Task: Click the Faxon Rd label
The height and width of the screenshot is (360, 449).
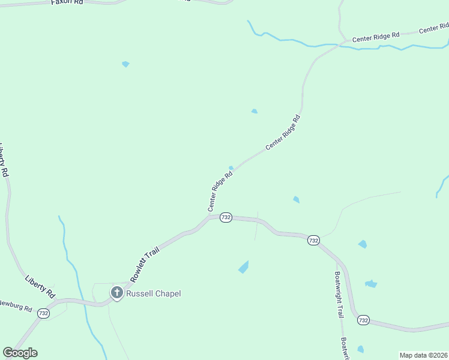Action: pyautogui.click(x=67, y=2)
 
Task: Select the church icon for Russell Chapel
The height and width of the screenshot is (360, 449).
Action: pyautogui.click(x=116, y=293)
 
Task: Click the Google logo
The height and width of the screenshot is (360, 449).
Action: pyautogui.click(x=20, y=353)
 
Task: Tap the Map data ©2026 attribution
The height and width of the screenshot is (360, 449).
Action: pyautogui.click(x=423, y=355)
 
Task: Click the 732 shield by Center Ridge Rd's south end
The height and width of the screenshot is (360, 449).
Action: pyautogui.click(x=226, y=217)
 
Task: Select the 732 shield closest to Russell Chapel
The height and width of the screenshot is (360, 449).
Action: pyautogui.click(x=43, y=313)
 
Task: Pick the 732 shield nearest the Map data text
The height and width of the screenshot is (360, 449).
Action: pyautogui.click(x=363, y=320)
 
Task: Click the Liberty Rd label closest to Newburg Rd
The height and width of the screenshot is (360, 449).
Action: pyautogui.click(x=40, y=287)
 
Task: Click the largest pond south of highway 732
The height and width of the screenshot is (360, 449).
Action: pyautogui.click(x=243, y=267)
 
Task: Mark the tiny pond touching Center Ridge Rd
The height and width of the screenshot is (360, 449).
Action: pyautogui.click(x=231, y=168)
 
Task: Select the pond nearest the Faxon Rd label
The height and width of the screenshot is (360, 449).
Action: pyautogui.click(x=125, y=64)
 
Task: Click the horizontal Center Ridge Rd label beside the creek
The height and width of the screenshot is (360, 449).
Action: pyautogui.click(x=376, y=37)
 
